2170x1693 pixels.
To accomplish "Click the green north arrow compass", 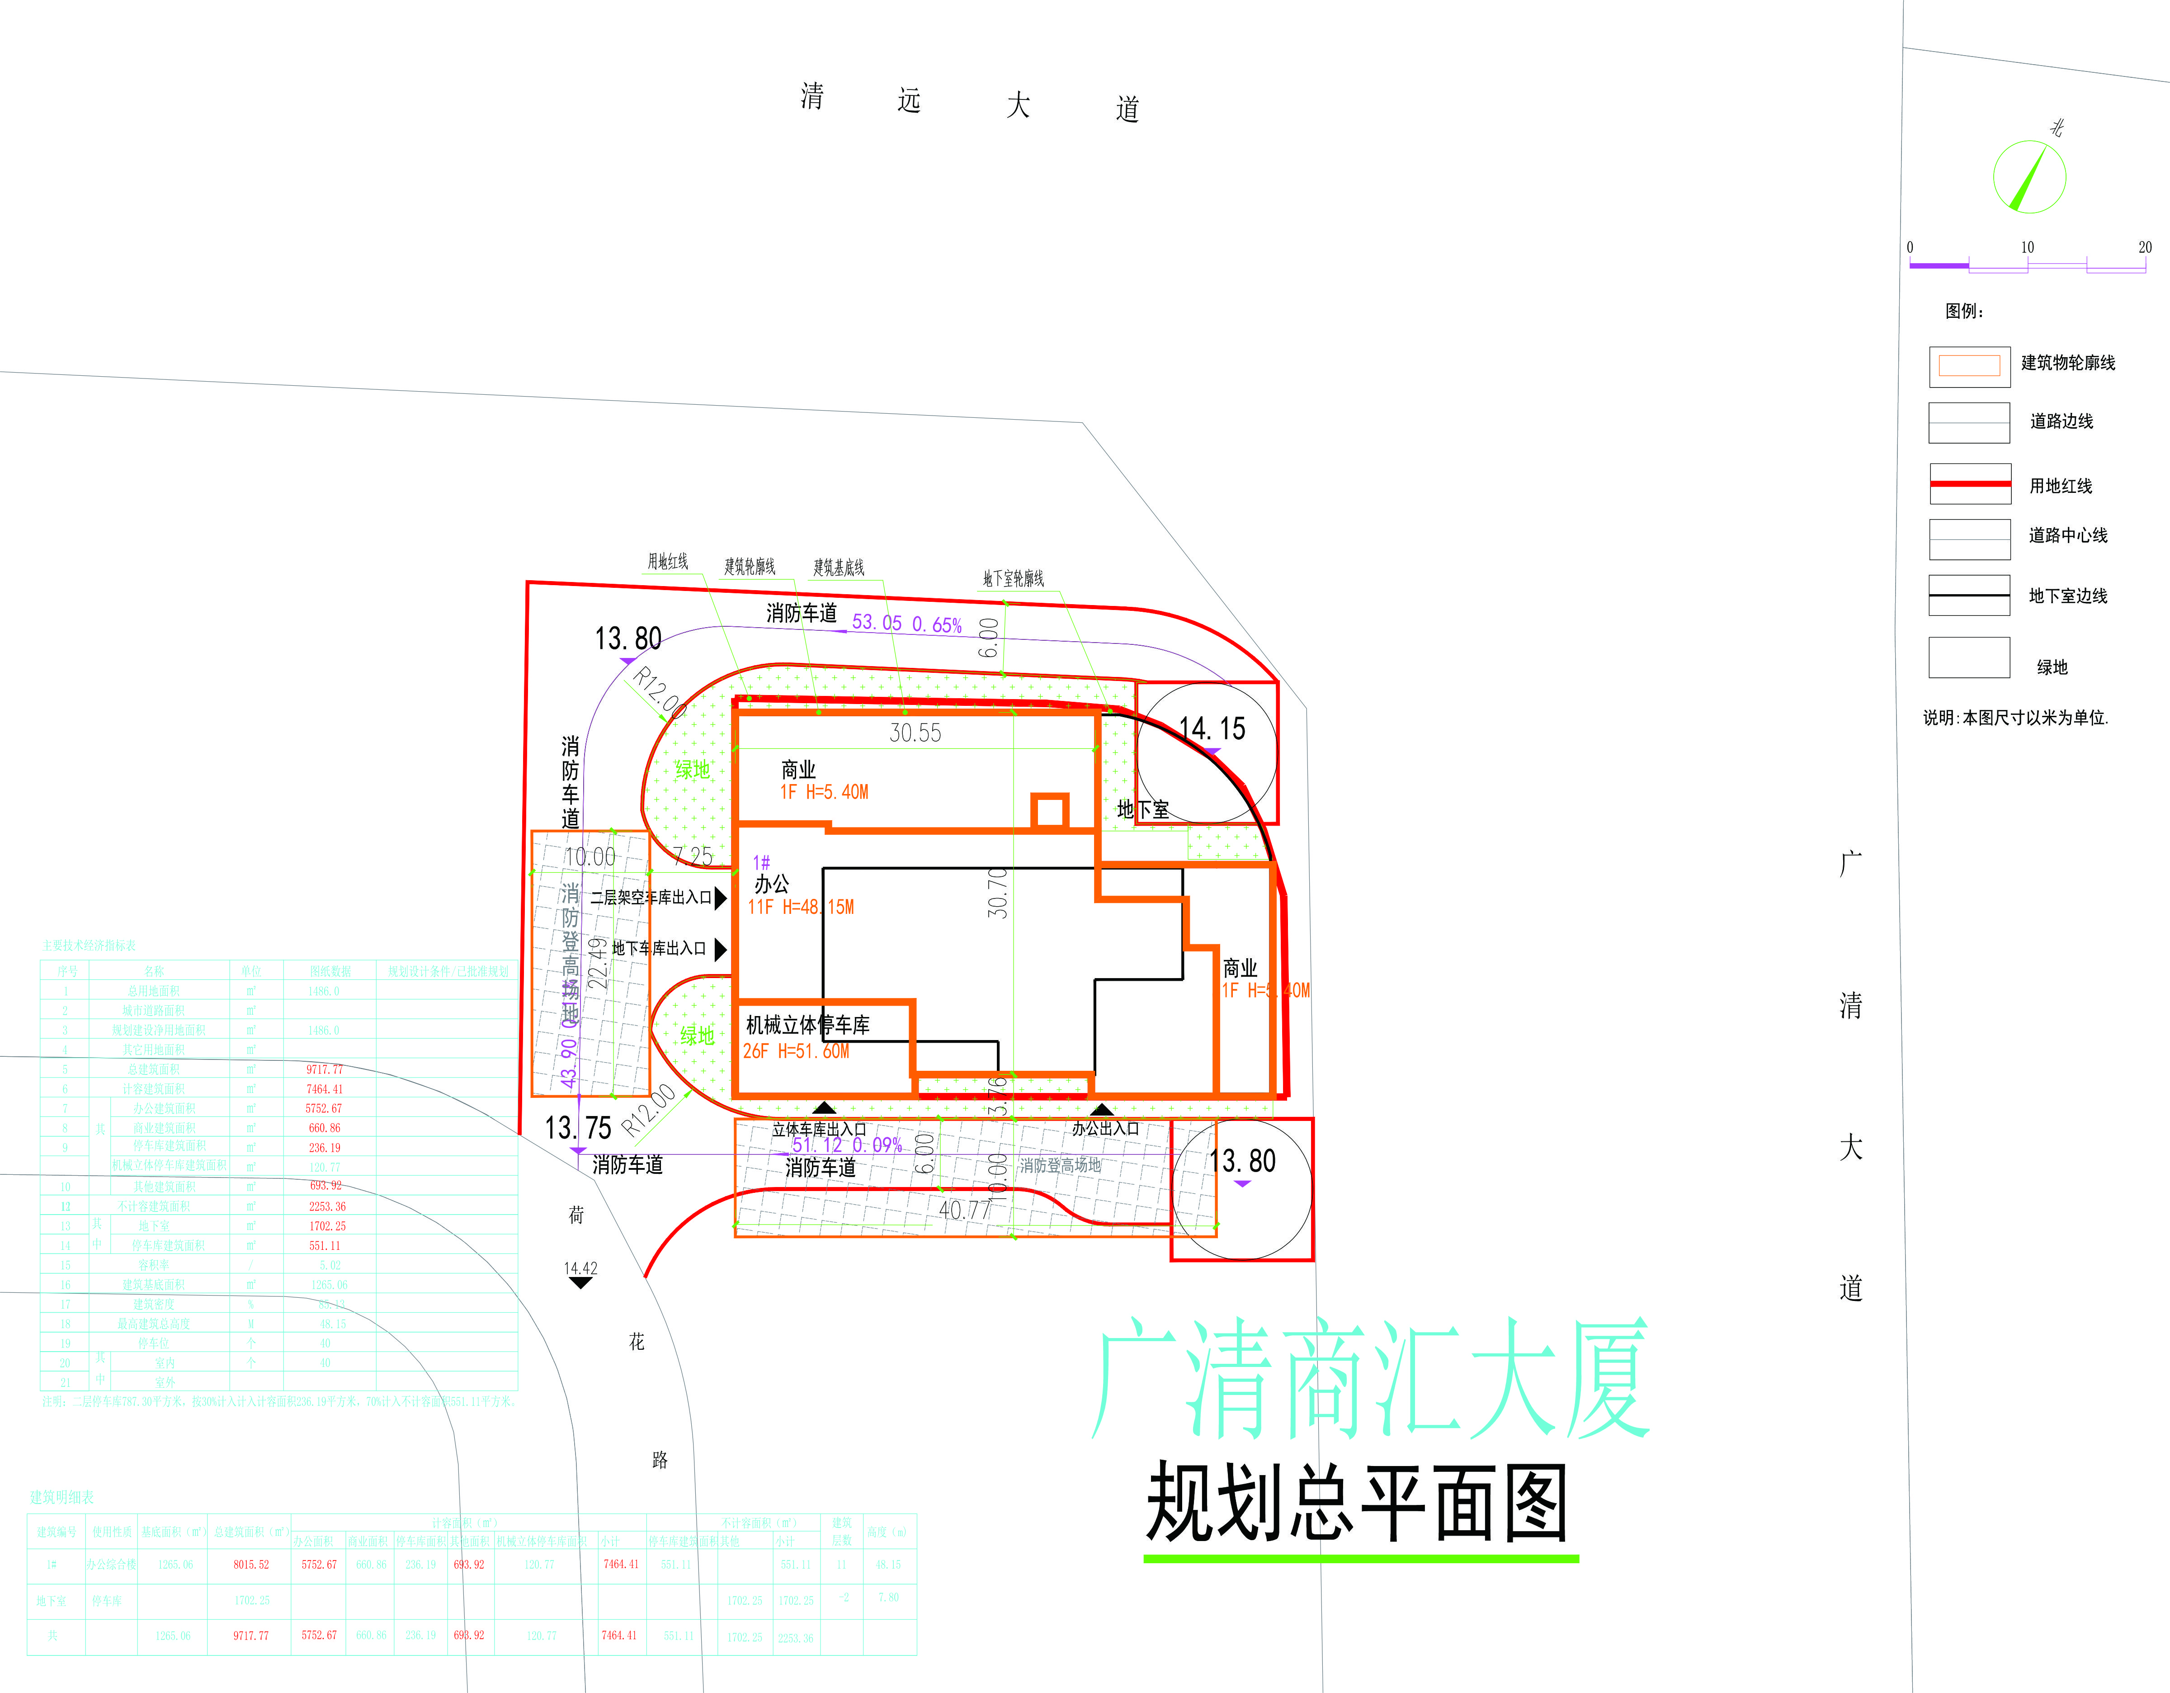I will click(2029, 177).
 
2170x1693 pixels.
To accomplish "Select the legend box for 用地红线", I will click(1969, 484).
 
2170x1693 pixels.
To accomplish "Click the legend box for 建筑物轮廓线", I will click(1969, 366).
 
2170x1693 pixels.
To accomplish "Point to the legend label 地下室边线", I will click(2068, 596).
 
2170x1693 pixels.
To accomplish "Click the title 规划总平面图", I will click(1357, 1503).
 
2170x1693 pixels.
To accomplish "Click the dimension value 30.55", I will click(915, 733).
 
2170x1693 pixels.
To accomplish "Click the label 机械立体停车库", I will click(808, 1025).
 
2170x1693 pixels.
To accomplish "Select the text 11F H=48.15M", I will click(801, 907).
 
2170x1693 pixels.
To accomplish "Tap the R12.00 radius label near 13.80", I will click(660, 692).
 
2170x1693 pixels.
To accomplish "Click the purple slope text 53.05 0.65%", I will click(906, 624).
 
